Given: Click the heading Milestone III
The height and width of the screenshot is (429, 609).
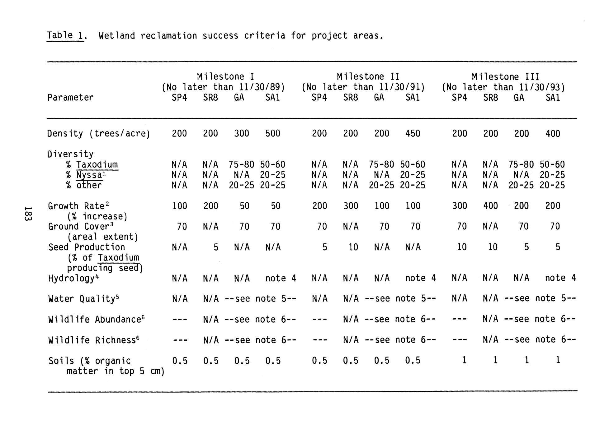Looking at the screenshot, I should (x=505, y=77).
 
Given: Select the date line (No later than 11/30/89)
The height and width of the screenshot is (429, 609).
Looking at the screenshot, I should (x=223, y=87).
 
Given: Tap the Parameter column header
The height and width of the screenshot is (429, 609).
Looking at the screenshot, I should (x=70, y=98).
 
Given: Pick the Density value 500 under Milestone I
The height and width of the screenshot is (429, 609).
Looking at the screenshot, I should (x=272, y=134).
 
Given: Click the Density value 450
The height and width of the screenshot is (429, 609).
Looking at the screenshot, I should (x=413, y=134).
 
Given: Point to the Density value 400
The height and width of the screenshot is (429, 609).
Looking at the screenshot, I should (x=553, y=134).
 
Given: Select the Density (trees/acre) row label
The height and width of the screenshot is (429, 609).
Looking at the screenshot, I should (x=99, y=134).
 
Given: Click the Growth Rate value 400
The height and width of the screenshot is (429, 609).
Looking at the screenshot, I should (x=490, y=206).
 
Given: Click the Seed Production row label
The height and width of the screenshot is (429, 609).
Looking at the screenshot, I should (x=87, y=247).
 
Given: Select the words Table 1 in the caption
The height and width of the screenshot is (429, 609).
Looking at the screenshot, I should (x=65, y=36).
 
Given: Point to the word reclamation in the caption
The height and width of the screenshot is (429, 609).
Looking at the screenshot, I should (x=168, y=36).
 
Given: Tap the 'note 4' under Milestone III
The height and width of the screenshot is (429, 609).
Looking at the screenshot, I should (x=560, y=278).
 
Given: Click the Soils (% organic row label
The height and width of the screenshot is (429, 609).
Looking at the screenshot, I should (x=89, y=361).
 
